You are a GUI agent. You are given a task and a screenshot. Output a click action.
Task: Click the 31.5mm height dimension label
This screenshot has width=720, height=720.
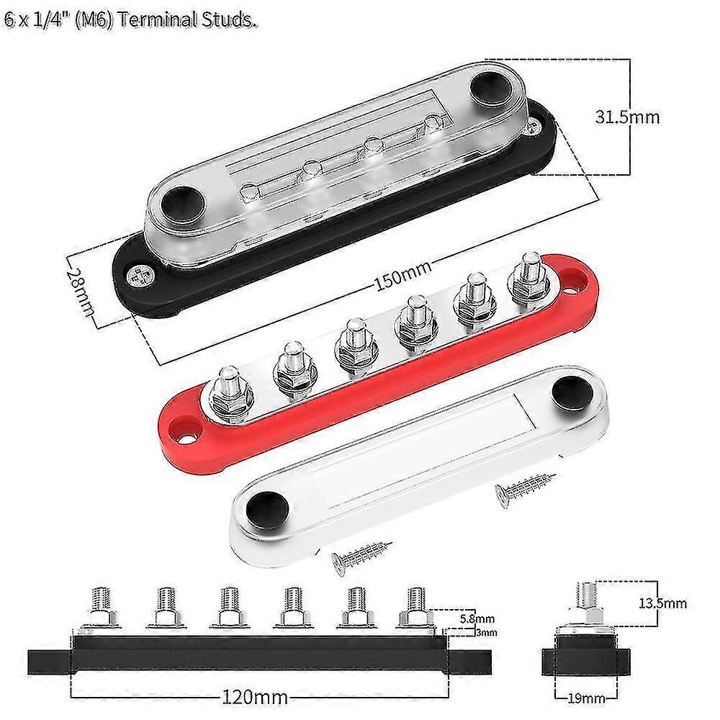[x=628, y=115]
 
